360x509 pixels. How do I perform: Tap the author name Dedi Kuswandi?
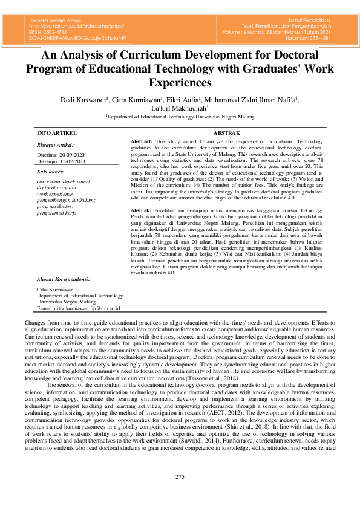coord(83,99)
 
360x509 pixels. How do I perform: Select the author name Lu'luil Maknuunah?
coord(179,108)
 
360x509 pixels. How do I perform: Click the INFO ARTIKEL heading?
coord(57,132)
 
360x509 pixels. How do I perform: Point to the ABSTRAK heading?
coord(227,132)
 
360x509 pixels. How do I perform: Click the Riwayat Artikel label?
coord(55,145)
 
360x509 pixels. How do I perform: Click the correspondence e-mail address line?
coord(79,308)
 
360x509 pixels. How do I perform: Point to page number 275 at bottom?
coord(180,478)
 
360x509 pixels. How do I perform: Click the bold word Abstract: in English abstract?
coord(142,141)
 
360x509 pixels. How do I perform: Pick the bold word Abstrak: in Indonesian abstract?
coord(142,209)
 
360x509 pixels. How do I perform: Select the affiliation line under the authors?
coord(180,117)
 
